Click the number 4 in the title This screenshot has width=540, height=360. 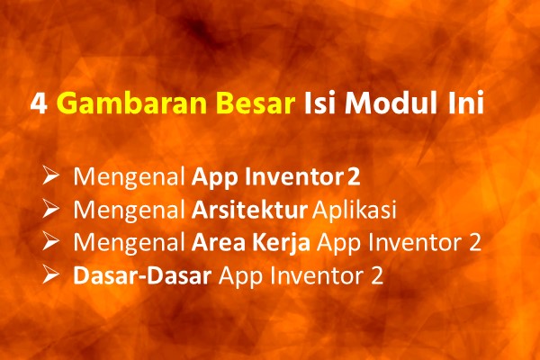click(39, 104)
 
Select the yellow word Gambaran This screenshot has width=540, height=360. click(131, 103)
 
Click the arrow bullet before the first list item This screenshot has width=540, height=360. click(50, 175)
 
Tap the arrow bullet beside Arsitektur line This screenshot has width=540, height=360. click(50, 208)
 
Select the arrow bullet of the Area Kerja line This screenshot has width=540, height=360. click(50, 241)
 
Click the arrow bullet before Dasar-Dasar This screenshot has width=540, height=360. click(50, 274)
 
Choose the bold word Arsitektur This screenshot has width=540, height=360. click(249, 209)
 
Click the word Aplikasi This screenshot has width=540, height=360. click(355, 210)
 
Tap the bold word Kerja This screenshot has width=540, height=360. click(282, 243)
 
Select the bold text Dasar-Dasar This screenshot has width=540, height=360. click(142, 276)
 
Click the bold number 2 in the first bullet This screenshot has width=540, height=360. click(354, 176)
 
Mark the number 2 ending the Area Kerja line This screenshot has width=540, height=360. click(475, 242)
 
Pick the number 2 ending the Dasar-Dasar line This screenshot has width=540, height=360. click(377, 276)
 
